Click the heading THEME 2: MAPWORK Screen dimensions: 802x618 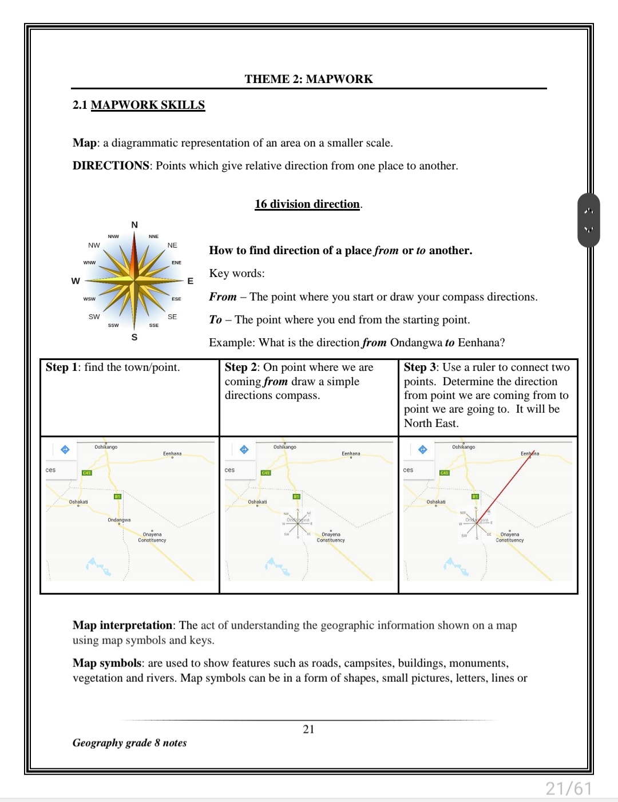point(308,79)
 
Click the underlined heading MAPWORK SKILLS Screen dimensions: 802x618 point(148,105)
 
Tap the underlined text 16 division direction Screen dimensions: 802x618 point(307,204)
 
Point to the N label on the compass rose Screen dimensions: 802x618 point(134,225)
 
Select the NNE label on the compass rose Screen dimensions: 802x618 point(154,236)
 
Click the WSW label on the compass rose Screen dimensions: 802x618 point(89,299)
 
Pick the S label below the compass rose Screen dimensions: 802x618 point(134,337)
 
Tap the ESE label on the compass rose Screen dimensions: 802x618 point(176,299)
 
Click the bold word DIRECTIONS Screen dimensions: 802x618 point(110,165)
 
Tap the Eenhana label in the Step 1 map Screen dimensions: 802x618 point(172,453)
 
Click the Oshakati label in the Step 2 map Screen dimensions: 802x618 point(257,501)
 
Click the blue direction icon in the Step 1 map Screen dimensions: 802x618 point(65,449)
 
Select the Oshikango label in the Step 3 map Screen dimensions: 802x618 point(463,447)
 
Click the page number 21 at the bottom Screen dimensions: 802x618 point(308,729)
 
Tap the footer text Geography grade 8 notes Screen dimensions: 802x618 point(129,742)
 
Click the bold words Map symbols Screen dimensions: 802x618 point(106,663)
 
